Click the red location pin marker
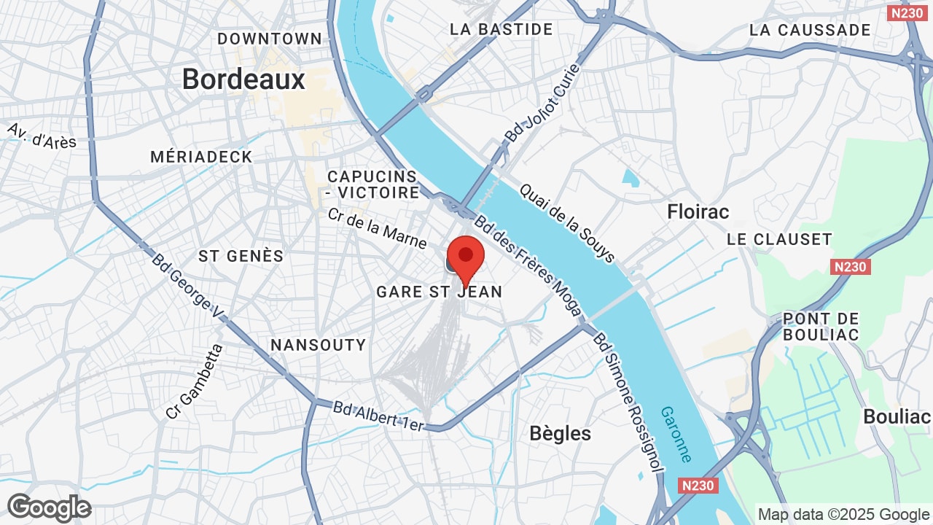click(465, 257)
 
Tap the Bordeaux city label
click(243, 79)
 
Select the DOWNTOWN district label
click(270, 39)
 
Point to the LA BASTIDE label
click(501, 30)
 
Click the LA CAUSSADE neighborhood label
click(810, 31)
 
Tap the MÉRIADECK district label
click(201, 157)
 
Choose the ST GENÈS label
click(241, 256)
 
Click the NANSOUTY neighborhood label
click(318, 345)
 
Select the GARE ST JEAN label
click(439, 292)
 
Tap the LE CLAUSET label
click(779, 239)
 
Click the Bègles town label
click(560, 433)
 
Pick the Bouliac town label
click(897, 416)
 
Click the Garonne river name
click(676, 434)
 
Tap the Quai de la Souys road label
click(568, 222)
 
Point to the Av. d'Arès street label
click(42, 136)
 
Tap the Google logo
click(49, 507)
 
